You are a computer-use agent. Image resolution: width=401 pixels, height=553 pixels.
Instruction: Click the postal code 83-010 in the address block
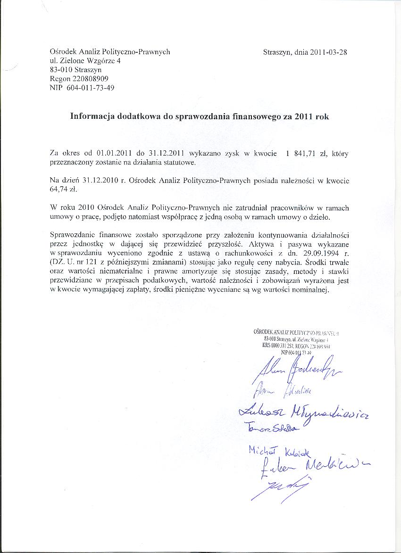click(58, 70)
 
